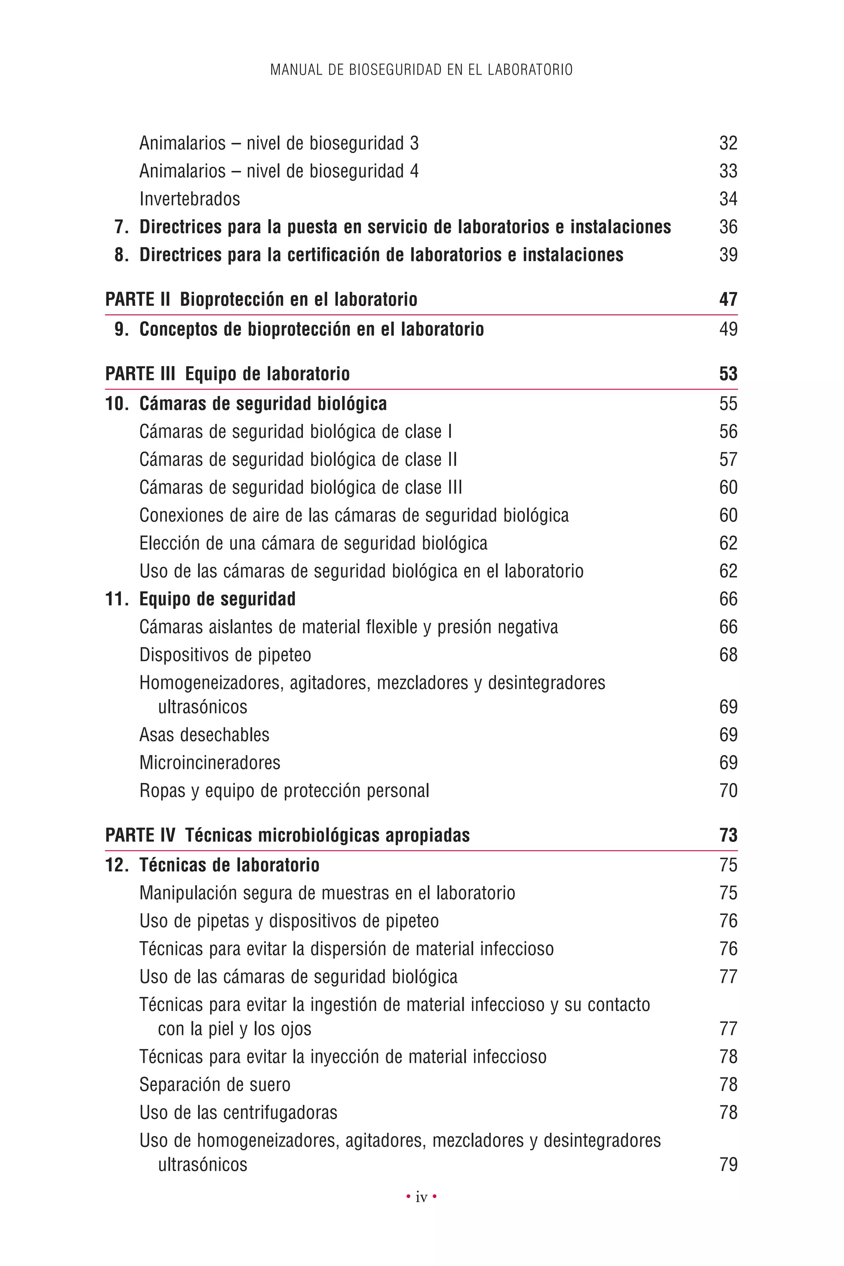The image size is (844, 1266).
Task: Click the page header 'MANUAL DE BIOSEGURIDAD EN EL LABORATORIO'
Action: coord(422,70)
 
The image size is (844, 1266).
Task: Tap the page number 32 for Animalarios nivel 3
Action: coord(728,143)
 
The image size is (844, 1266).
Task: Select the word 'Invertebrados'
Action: coord(190,199)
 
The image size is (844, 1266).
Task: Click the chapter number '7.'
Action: coord(121,227)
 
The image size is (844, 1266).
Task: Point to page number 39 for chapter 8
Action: coord(728,255)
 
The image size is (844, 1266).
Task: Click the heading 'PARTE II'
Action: coord(138,300)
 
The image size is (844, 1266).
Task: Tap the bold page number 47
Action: coord(728,300)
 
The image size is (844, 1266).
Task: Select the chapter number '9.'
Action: coord(121,329)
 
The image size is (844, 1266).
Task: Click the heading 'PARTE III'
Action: coord(140,374)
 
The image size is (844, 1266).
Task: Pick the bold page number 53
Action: coord(728,374)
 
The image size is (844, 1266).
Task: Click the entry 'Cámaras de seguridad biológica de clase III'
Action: coord(300,487)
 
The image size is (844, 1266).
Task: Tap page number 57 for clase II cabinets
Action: coord(728,459)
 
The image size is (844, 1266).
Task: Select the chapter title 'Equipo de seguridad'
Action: coord(218,599)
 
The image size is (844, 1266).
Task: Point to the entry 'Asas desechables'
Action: coord(204,735)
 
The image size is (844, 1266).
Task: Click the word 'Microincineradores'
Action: coord(209,763)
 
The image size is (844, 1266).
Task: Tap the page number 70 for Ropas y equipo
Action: coord(728,791)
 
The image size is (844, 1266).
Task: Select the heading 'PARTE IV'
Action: coord(140,835)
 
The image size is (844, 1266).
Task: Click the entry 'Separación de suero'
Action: coord(215,1085)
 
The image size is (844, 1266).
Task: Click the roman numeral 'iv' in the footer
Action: coord(422,1198)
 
